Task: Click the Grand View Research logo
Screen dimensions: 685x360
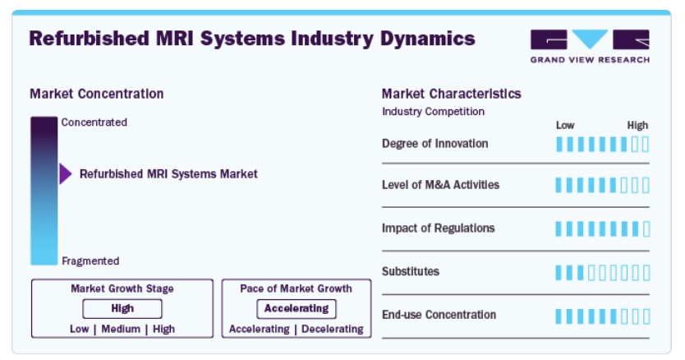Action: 590,46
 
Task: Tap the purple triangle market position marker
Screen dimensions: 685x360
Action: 66,173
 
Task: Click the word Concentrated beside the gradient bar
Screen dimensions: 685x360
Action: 94,122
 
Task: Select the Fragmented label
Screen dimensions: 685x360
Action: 90,261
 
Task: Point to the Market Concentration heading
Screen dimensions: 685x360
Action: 97,94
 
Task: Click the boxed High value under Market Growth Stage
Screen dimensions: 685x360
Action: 122,308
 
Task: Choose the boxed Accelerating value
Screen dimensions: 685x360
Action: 297,308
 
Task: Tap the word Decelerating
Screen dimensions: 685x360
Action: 333,329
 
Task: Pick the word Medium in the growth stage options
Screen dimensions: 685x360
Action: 121,329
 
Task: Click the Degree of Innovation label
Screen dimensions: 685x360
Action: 434,144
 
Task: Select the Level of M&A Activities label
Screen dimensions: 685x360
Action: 440,185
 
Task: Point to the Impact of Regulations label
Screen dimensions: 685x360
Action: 438,228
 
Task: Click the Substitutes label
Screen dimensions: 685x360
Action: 410,271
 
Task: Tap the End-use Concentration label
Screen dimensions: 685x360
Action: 439,315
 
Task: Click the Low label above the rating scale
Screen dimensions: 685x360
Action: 565,125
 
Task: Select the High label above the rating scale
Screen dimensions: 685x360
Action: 637,125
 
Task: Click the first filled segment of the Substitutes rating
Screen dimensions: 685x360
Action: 559,273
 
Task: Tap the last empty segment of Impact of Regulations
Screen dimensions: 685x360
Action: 646,228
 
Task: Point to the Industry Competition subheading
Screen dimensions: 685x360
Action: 433,112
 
